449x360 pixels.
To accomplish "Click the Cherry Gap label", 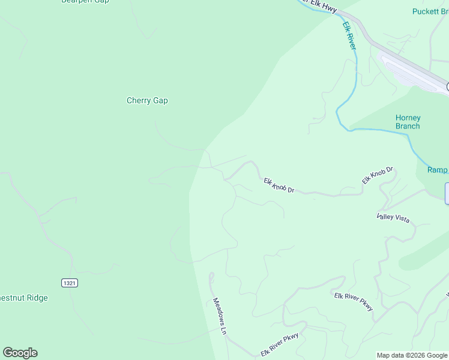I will click(147, 101).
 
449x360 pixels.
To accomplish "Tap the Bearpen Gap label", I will click(85, 2).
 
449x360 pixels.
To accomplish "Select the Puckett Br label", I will click(430, 11).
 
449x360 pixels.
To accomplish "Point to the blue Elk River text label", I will click(349, 36).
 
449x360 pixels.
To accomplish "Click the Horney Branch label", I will click(408, 122).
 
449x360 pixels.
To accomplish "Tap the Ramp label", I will click(437, 170).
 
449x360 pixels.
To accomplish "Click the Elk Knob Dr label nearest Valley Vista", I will click(377, 175).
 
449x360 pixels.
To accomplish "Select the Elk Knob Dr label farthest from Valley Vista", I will click(279, 185).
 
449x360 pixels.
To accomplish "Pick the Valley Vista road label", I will click(393, 218).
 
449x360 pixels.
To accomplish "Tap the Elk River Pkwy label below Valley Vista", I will click(354, 301).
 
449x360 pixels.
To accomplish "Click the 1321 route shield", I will click(70, 282).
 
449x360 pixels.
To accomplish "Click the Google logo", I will click(20, 353).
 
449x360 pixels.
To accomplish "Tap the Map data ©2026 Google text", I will click(412, 355).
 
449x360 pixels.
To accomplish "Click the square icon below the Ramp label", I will click(447, 194).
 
